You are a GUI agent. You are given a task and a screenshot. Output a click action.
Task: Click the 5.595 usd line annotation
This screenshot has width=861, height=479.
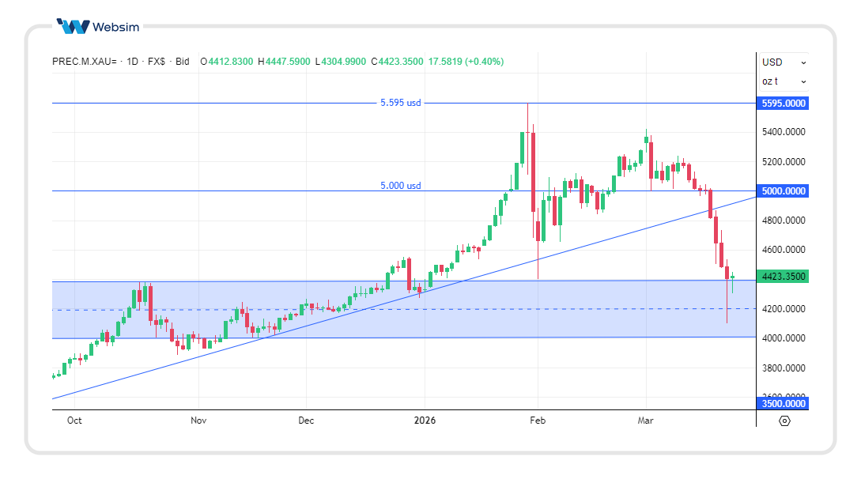(x=401, y=103)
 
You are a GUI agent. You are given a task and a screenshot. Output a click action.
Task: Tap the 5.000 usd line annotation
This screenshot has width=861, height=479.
(x=401, y=186)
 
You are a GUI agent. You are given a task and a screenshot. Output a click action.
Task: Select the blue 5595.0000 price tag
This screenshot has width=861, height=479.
(x=783, y=104)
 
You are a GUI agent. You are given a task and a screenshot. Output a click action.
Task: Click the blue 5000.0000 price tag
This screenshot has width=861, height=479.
(x=783, y=191)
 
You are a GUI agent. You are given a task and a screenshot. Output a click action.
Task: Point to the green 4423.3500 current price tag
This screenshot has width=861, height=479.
(x=783, y=277)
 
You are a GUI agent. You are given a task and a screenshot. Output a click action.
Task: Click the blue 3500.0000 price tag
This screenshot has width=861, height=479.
(x=783, y=404)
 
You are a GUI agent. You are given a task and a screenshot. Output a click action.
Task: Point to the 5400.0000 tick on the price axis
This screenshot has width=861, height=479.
(x=783, y=132)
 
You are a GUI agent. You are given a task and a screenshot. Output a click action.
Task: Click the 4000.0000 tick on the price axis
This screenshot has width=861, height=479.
(x=783, y=338)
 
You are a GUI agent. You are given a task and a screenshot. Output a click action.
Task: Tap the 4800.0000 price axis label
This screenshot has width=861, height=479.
(x=783, y=221)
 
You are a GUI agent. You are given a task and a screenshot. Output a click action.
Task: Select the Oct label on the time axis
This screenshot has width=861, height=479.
(x=74, y=421)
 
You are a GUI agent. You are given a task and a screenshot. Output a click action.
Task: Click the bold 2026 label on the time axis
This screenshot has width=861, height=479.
(x=425, y=421)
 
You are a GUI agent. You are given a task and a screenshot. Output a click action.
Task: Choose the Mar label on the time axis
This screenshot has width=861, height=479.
(x=646, y=421)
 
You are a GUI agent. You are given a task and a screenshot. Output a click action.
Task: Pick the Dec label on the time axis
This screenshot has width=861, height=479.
(x=306, y=421)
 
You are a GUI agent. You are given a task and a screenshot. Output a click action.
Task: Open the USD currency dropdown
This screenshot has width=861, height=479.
(x=784, y=62)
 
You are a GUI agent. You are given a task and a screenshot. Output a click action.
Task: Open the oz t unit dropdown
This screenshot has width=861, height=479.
(x=784, y=81)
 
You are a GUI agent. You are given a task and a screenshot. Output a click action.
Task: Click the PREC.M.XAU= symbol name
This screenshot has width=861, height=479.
(x=84, y=62)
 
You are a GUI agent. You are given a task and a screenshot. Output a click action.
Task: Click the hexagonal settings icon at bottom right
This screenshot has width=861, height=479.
(x=784, y=421)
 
